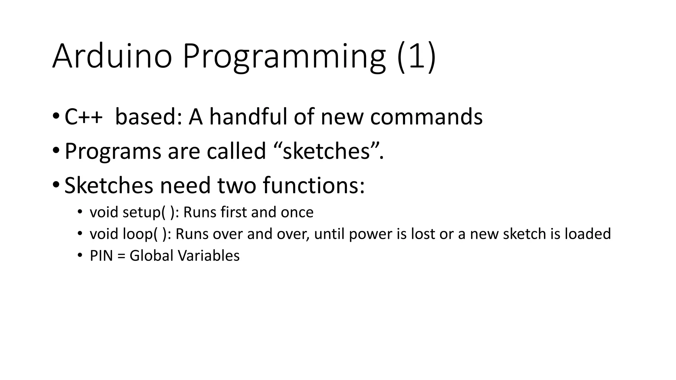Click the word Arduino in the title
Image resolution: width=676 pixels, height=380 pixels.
(112, 57)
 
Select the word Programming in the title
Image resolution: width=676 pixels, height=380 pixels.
(284, 57)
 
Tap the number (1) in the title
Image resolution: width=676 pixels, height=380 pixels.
(417, 57)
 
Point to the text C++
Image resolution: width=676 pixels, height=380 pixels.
(84, 117)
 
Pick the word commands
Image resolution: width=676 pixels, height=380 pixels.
(426, 117)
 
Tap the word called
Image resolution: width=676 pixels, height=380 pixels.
(236, 151)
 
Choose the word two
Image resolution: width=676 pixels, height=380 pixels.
(237, 185)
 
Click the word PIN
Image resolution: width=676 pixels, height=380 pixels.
(101, 256)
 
